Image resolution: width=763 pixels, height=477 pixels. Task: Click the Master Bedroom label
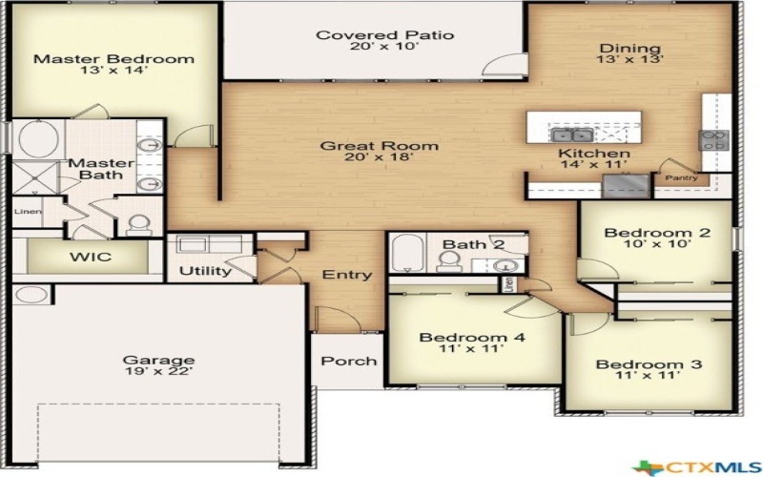click(x=113, y=59)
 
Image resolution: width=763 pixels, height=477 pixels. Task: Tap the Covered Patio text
click(x=384, y=36)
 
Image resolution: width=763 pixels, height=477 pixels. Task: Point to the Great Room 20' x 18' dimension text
click(x=379, y=158)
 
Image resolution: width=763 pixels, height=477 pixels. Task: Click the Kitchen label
click(x=593, y=154)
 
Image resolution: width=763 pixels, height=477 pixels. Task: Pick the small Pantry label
click(x=681, y=178)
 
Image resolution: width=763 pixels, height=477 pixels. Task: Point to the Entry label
click(x=347, y=275)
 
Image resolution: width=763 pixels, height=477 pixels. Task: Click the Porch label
click(x=348, y=361)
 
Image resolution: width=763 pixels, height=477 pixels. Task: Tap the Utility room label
click(x=206, y=271)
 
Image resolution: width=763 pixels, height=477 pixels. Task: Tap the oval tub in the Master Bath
click(x=38, y=140)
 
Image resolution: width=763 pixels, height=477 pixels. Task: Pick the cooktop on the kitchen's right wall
click(x=715, y=140)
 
